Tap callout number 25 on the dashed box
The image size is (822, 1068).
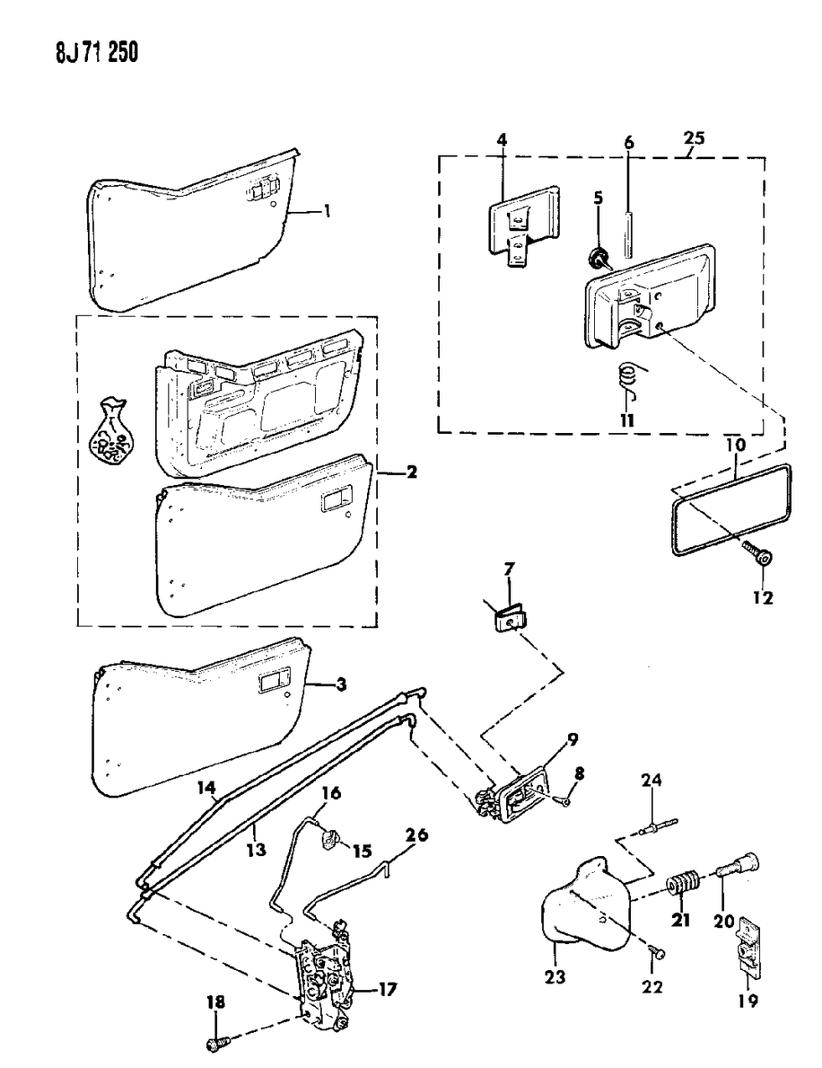coord(692,138)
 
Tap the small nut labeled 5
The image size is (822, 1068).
coord(598,257)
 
